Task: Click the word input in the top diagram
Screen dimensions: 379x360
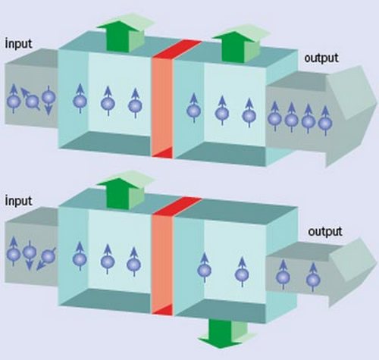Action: (x=18, y=44)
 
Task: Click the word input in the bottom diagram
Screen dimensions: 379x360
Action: (x=18, y=201)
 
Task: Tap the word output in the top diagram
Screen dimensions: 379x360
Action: (x=321, y=58)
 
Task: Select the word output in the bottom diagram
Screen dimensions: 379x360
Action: (x=325, y=232)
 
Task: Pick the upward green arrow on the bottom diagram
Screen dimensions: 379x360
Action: (x=125, y=189)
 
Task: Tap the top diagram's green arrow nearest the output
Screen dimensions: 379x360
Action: (x=240, y=43)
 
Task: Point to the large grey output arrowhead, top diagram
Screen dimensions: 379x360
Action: (x=350, y=116)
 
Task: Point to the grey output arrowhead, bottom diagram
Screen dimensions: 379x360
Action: (x=352, y=273)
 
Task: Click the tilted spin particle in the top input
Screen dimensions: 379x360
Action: (x=31, y=99)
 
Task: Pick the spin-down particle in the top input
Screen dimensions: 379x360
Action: (x=49, y=100)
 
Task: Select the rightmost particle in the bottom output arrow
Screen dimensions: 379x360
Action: (x=313, y=277)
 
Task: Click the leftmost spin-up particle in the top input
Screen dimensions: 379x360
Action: (x=14, y=99)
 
